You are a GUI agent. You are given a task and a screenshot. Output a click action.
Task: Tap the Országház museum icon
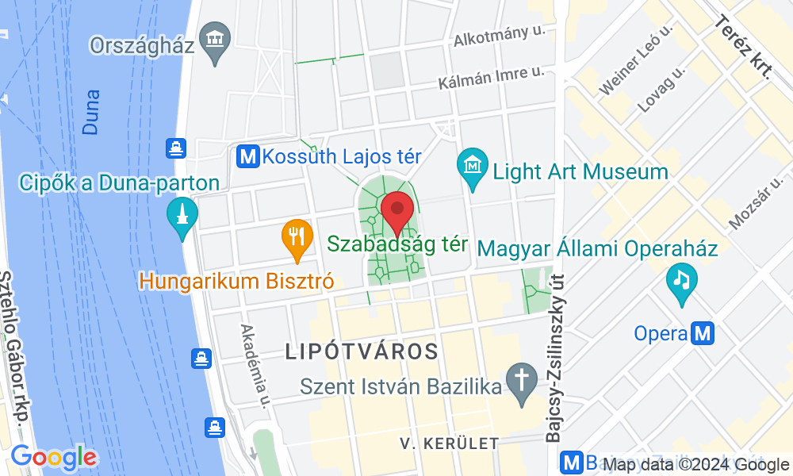(x=216, y=36)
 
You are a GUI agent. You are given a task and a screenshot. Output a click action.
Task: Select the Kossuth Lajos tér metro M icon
(x=248, y=155)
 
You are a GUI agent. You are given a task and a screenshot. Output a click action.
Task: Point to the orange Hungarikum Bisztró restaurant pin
(x=297, y=237)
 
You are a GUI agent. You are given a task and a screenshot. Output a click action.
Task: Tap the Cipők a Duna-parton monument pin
(x=182, y=215)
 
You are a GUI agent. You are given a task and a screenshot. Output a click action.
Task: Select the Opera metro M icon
(x=703, y=333)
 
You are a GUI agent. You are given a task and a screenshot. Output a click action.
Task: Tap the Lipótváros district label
(x=362, y=351)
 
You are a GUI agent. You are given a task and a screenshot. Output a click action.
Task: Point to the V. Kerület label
(x=449, y=443)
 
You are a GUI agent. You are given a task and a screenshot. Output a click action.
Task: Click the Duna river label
(x=91, y=111)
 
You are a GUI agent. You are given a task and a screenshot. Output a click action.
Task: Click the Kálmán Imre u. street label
(x=492, y=78)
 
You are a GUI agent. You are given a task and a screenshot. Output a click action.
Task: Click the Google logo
(x=53, y=457)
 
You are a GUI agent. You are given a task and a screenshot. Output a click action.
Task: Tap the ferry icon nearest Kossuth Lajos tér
(x=175, y=148)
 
